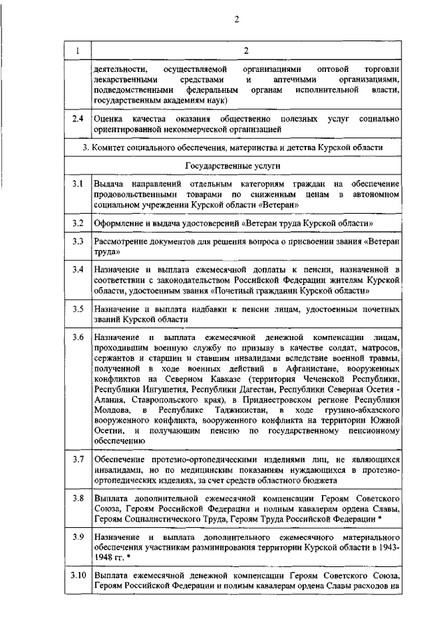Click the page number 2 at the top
[x=237, y=19]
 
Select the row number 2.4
[x=78, y=120]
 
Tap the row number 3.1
[x=78, y=184]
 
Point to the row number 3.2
[x=78, y=222]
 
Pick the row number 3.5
[x=78, y=308]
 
